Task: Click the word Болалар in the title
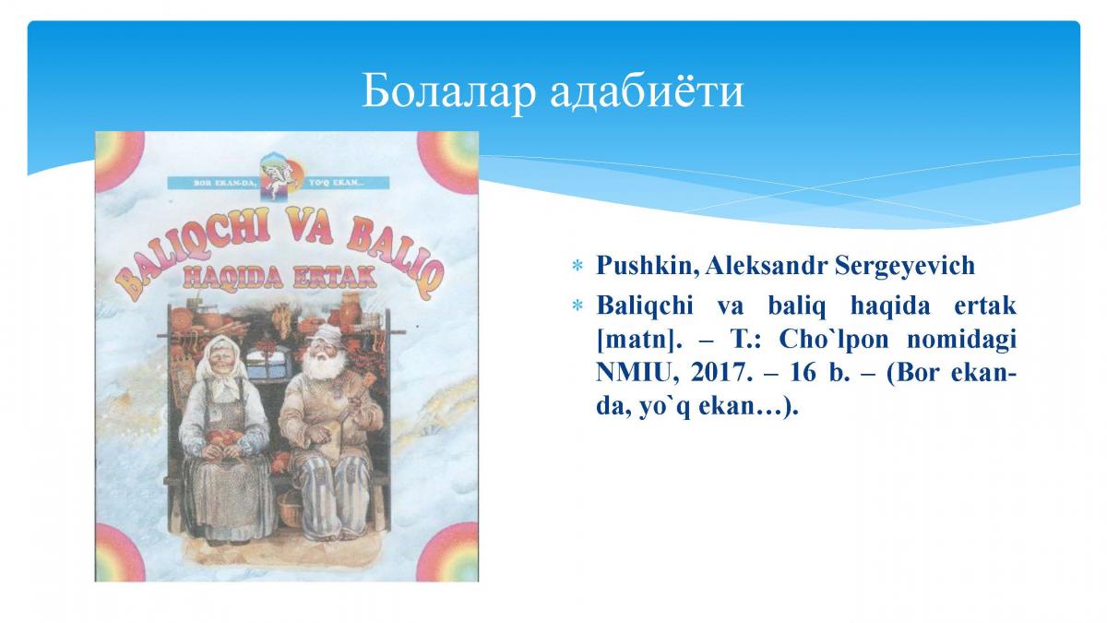tap(448, 91)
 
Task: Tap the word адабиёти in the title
tap(647, 91)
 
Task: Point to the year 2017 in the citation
tap(718, 373)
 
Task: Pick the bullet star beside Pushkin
tap(577, 267)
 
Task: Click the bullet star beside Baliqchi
tap(577, 306)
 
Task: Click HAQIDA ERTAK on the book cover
tap(279, 279)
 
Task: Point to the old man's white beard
tap(324, 365)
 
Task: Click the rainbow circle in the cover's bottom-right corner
tap(448, 553)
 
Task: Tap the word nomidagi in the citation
tap(961, 341)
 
